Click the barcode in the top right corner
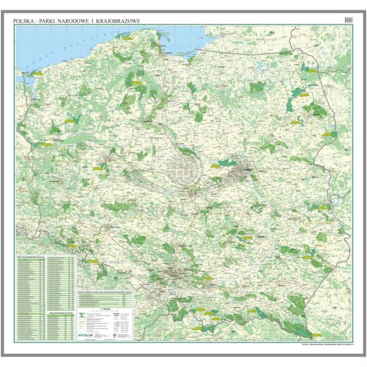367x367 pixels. [x=348, y=19]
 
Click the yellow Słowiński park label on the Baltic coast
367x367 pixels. [x=129, y=36]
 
